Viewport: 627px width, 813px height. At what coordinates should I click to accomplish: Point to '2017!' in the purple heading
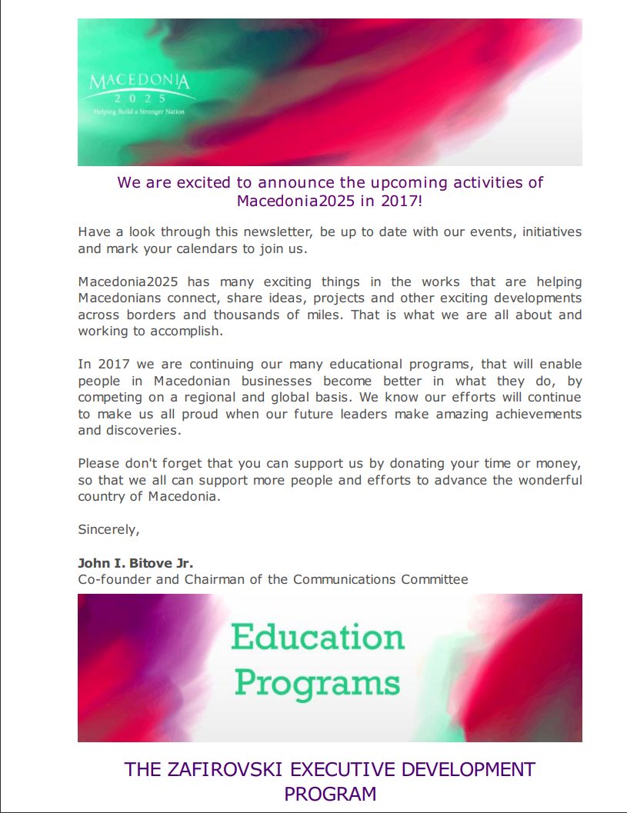click(402, 202)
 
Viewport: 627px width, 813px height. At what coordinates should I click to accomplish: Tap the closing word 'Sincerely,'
click(108, 529)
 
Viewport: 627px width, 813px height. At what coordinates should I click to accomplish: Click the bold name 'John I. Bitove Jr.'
click(141, 563)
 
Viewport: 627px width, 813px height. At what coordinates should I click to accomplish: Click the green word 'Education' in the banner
click(318, 638)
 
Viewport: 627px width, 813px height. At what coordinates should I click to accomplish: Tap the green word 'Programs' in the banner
click(317, 683)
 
